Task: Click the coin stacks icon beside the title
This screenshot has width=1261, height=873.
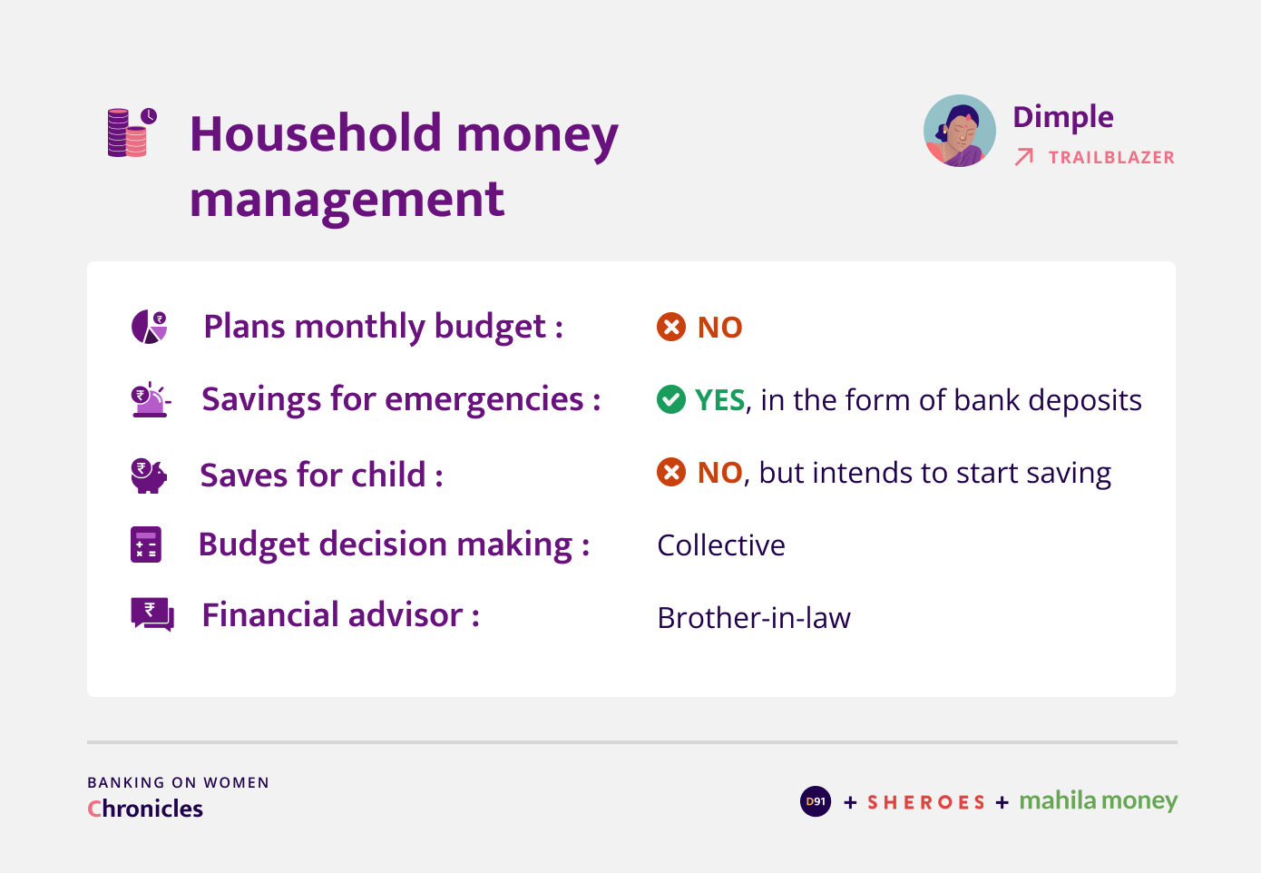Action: [x=132, y=132]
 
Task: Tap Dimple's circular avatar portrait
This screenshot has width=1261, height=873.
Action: [x=959, y=131]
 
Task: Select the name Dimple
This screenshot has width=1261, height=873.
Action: [x=1063, y=118]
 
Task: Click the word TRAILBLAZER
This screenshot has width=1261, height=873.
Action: [x=1111, y=157]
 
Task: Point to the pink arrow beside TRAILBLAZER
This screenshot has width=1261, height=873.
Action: [x=1024, y=157]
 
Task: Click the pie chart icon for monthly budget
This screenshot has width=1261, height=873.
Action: [x=149, y=327]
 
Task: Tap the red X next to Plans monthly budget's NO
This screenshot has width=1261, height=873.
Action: [x=671, y=327]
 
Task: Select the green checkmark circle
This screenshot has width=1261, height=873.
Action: [x=671, y=399]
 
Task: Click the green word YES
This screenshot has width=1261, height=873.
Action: [x=720, y=400]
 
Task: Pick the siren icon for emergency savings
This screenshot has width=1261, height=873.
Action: [x=151, y=399]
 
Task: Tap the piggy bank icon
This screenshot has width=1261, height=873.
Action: [x=149, y=476]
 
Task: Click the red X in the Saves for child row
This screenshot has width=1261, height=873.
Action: [x=671, y=472]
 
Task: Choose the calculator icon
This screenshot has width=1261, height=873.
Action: [x=146, y=544]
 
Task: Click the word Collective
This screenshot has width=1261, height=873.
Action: [x=721, y=545]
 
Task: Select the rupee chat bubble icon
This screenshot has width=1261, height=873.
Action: [x=152, y=614]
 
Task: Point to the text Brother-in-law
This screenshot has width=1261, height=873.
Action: [x=755, y=618]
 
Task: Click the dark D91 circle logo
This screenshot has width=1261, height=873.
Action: [x=816, y=801]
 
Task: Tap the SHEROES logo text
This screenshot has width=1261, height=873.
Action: [x=926, y=802]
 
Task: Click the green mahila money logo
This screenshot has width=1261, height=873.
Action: [x=1099, y=801]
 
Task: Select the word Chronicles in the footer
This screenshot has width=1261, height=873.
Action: [x=145, y=809]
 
